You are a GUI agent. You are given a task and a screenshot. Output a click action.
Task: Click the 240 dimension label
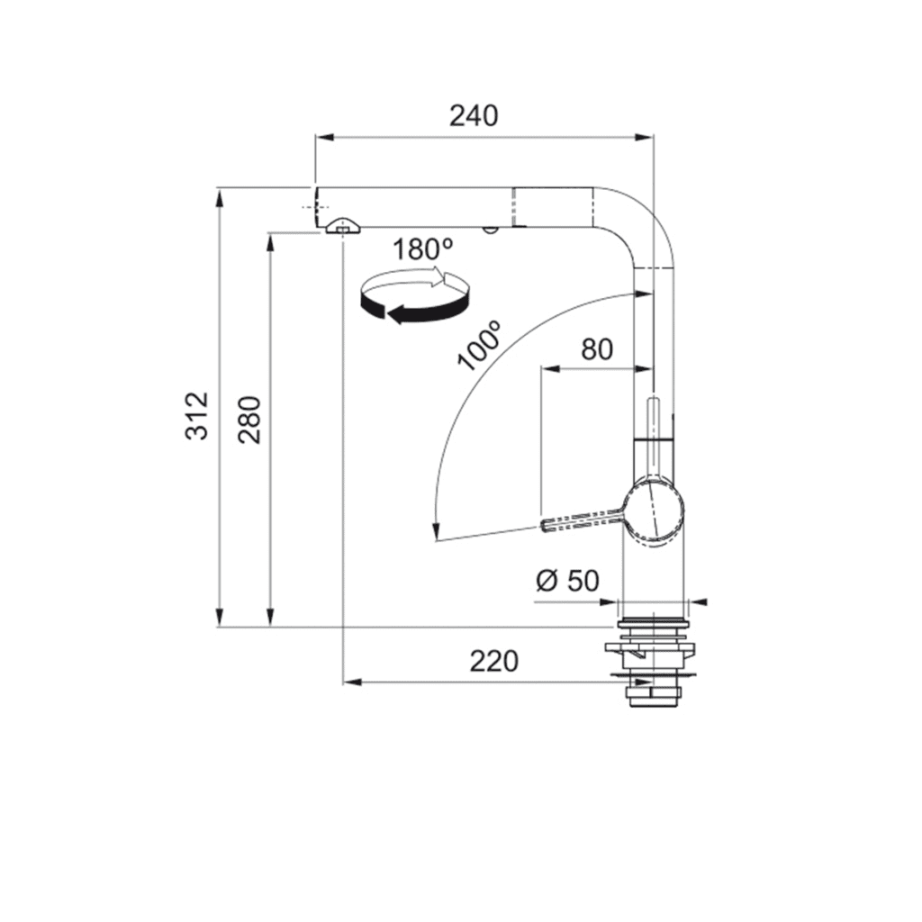pos(474,116)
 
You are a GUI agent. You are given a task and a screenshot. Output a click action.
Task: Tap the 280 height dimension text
pos(249,420)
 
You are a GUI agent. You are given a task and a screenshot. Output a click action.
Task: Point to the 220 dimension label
pos(494,661)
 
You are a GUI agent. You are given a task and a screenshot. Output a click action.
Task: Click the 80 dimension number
pos(597,349)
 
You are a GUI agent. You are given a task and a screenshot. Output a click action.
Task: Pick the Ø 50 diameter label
pos(567,581)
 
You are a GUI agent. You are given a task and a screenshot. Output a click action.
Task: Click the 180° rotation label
pos(423,249)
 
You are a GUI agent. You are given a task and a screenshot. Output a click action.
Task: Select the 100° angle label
pos(479,346)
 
